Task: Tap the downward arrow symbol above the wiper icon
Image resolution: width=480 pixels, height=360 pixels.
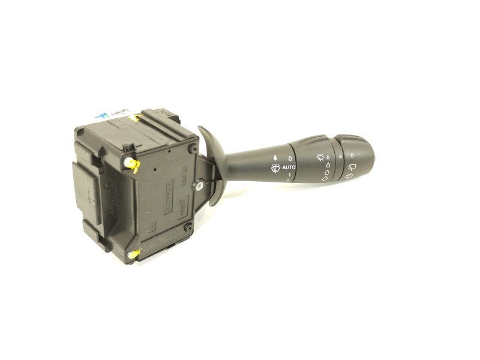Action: [x=274, y=158]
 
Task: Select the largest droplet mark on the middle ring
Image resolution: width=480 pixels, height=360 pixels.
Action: [x=325, y=178]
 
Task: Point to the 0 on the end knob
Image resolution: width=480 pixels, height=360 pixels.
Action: [x=352, y=155]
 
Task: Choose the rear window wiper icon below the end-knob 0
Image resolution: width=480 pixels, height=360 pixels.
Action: [x=351, y=165]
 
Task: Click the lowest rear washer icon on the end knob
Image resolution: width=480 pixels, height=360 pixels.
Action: [x=349, y=176]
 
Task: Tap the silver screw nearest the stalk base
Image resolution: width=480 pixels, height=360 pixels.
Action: [x=198, y=187]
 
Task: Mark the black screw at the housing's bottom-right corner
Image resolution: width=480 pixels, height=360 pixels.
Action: [x=188, y=227]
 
